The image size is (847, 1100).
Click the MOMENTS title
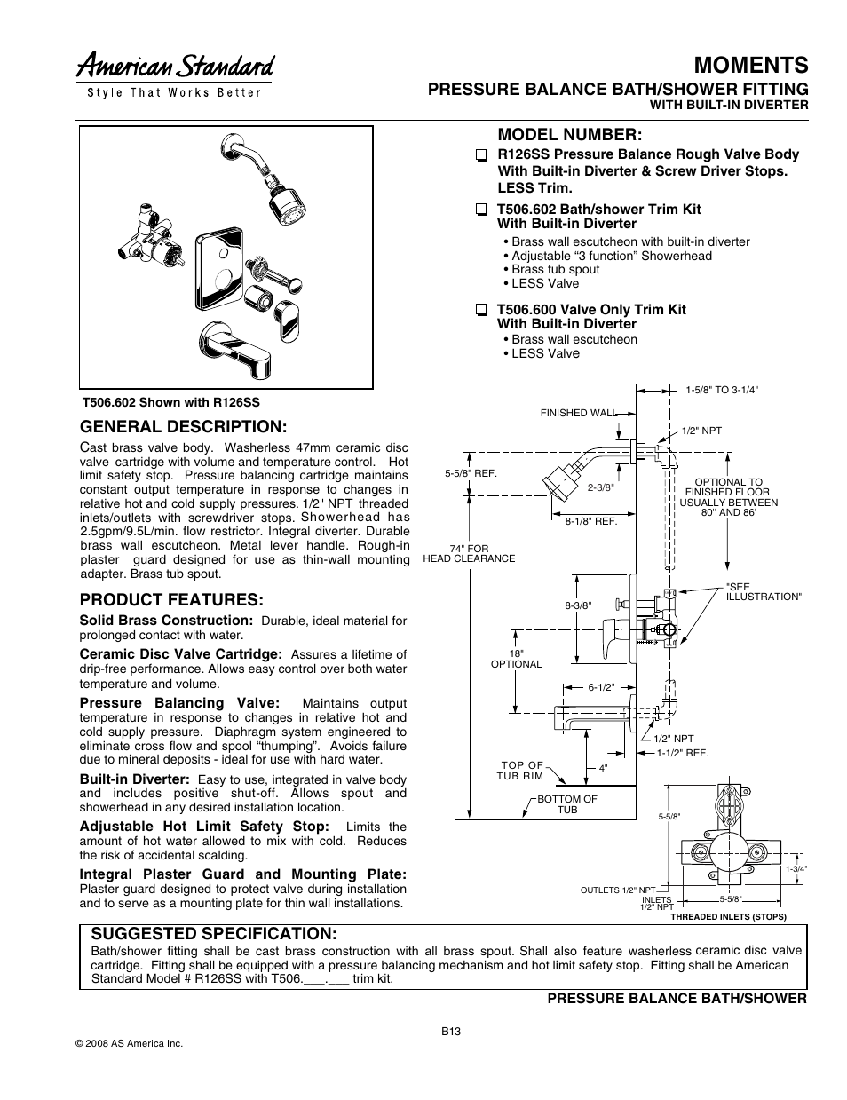coord(750,65)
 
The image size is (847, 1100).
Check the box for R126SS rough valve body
coord(480,155)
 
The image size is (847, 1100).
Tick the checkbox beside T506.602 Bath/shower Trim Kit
coord(480,210)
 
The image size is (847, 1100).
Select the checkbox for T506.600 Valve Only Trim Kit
coord(480,311)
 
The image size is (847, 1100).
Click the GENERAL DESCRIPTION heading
coord(184,426)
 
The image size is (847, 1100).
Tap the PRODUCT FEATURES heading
coord(171,599)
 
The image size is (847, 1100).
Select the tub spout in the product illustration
coord(234,345)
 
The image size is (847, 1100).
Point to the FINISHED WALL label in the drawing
coord(577,413)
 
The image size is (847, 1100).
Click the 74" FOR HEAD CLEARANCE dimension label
coord(469,554)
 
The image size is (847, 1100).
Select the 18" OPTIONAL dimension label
coord(516,658)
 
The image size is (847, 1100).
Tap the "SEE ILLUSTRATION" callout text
coord(763,592)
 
